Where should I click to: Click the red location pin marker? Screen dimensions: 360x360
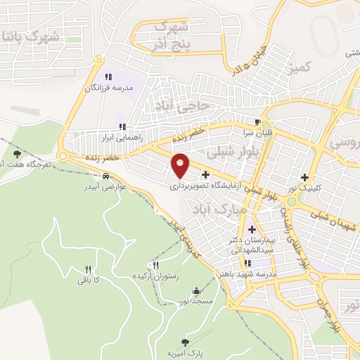pyautogui.click(x=181, y=165)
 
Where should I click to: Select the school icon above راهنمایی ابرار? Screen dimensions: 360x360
pyautogui.click(x=122, y=127)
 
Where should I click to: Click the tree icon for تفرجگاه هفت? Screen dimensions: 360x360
pyautogui.click(x=17, y=153)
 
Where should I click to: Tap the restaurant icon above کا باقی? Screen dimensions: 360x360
pyautogui.click(x=88, y=269)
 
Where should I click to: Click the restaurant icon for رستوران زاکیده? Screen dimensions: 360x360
pyautogui.click(x=155, y=265)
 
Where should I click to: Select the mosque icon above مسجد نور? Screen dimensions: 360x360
pyautogui.click(x=195, y=291)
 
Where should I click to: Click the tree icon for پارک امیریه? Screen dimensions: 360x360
pyautogui.click(x=185, y=342)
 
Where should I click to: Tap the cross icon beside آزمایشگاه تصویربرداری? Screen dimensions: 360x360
pyautogui.click(x=205, y=174)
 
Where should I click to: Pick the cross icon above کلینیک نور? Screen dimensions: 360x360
pyautogui.click(x=304, y=177)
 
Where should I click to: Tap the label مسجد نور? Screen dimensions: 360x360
pyautogui.click(x=195, y=301)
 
